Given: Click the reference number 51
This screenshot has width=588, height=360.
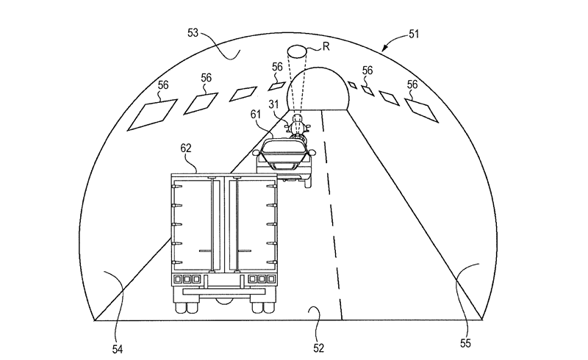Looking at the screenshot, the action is click(x=414, y=35).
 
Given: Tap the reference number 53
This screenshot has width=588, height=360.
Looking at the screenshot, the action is click(x=193, y=33).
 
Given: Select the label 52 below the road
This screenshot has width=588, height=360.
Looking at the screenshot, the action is click(x=318, y=348).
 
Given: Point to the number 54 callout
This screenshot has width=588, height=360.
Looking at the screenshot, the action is click(x=118, y=350).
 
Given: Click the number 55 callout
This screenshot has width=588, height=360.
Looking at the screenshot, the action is click(x=465, y=344).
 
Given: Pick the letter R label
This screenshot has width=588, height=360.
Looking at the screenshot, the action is click(x=326, y=46).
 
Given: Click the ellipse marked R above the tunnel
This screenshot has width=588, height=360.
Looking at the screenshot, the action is click(x=297, y=51).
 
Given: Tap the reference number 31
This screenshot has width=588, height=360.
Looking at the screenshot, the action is click(x=273, y=104).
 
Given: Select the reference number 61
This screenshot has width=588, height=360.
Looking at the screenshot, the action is click(x=256, y=115).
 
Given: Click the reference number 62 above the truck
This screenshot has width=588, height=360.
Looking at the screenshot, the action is click(x=186, y=148).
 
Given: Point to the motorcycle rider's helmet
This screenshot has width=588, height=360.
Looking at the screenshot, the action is click(x=298, y=119).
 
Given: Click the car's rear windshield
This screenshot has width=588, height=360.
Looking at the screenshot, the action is click(x=284, y=146).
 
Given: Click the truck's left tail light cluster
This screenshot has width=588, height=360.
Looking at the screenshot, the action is click(x=187, y=279).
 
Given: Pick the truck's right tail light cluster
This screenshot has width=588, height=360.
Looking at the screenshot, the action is click(x=262, y=279).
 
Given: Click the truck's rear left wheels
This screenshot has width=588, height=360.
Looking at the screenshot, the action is click(x=187, y=308).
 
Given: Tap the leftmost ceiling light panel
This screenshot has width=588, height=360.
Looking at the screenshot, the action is click(x=152, y=115).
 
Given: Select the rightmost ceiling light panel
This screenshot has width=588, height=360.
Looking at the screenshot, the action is click(x=421, y=110).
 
